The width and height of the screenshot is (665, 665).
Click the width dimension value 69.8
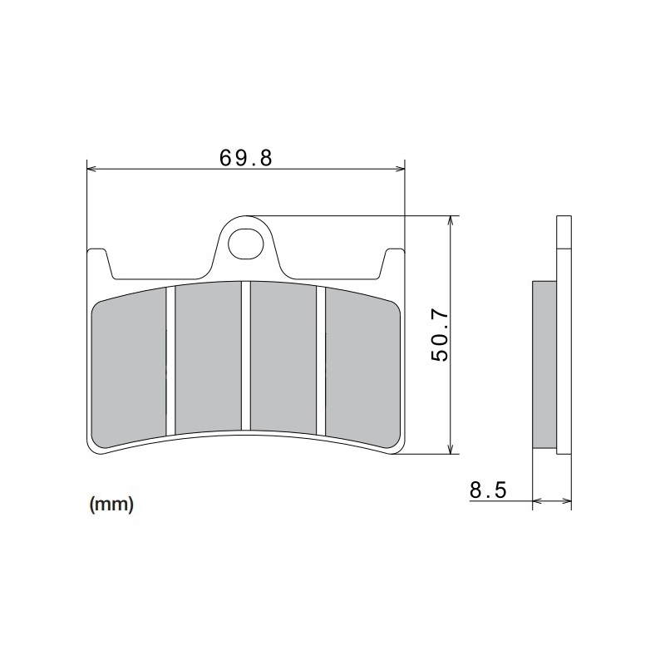click(245, 157)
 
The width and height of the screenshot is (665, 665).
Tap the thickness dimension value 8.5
click(487, 490)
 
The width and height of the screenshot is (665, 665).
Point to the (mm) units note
click(111, 505)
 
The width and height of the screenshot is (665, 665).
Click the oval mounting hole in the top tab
click(244, 242)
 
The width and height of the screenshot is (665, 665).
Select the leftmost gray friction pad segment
click(129, 366)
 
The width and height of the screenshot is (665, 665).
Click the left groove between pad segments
click(170, 359)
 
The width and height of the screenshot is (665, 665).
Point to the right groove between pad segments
click(320, 359)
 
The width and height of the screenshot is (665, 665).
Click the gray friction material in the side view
click(544, 366)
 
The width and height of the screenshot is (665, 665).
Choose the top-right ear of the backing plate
click(392, 258)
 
